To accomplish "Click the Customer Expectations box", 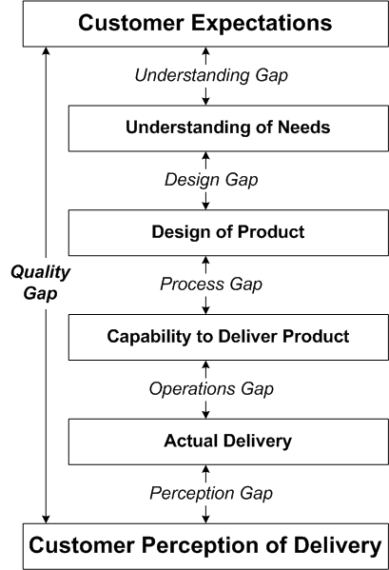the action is pos(205,24).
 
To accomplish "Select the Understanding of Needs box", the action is pos(228,128).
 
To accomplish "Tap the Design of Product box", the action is pos(228,232).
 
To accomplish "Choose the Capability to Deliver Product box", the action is pos(228,338).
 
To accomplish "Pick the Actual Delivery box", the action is pos(228,442).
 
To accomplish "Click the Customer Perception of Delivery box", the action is pos(205,546).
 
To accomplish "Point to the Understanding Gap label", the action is pos(211,76).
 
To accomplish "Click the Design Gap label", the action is pos(211,180).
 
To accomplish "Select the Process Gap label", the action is pos(211,285).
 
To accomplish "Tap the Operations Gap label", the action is pos(211,389).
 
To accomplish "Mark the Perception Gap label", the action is pos(211,494).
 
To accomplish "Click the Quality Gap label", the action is pos(40,283).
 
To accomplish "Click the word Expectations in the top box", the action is pos(262,23).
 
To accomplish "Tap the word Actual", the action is pos(191,441).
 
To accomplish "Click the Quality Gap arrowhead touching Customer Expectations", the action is pos(46,50).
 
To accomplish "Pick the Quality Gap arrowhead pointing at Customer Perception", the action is pos(46,520).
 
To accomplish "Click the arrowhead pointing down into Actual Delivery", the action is pos(205,415).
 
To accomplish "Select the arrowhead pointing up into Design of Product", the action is pos(205,260).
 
